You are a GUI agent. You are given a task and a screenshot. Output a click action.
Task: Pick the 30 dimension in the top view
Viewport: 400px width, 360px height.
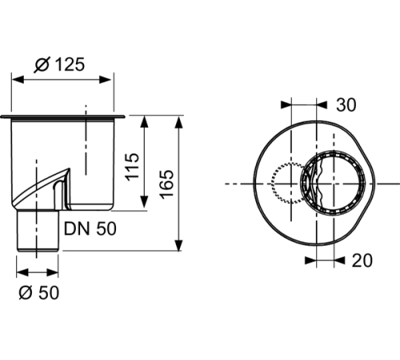pos(346,105)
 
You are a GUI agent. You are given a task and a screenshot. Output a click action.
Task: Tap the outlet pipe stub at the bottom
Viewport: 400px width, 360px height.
pos(39,232)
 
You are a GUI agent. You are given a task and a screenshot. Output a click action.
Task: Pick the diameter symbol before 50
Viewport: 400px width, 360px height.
pos(24,293)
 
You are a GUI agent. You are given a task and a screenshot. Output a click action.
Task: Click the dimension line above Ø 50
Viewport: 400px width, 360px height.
pos(39,271)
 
